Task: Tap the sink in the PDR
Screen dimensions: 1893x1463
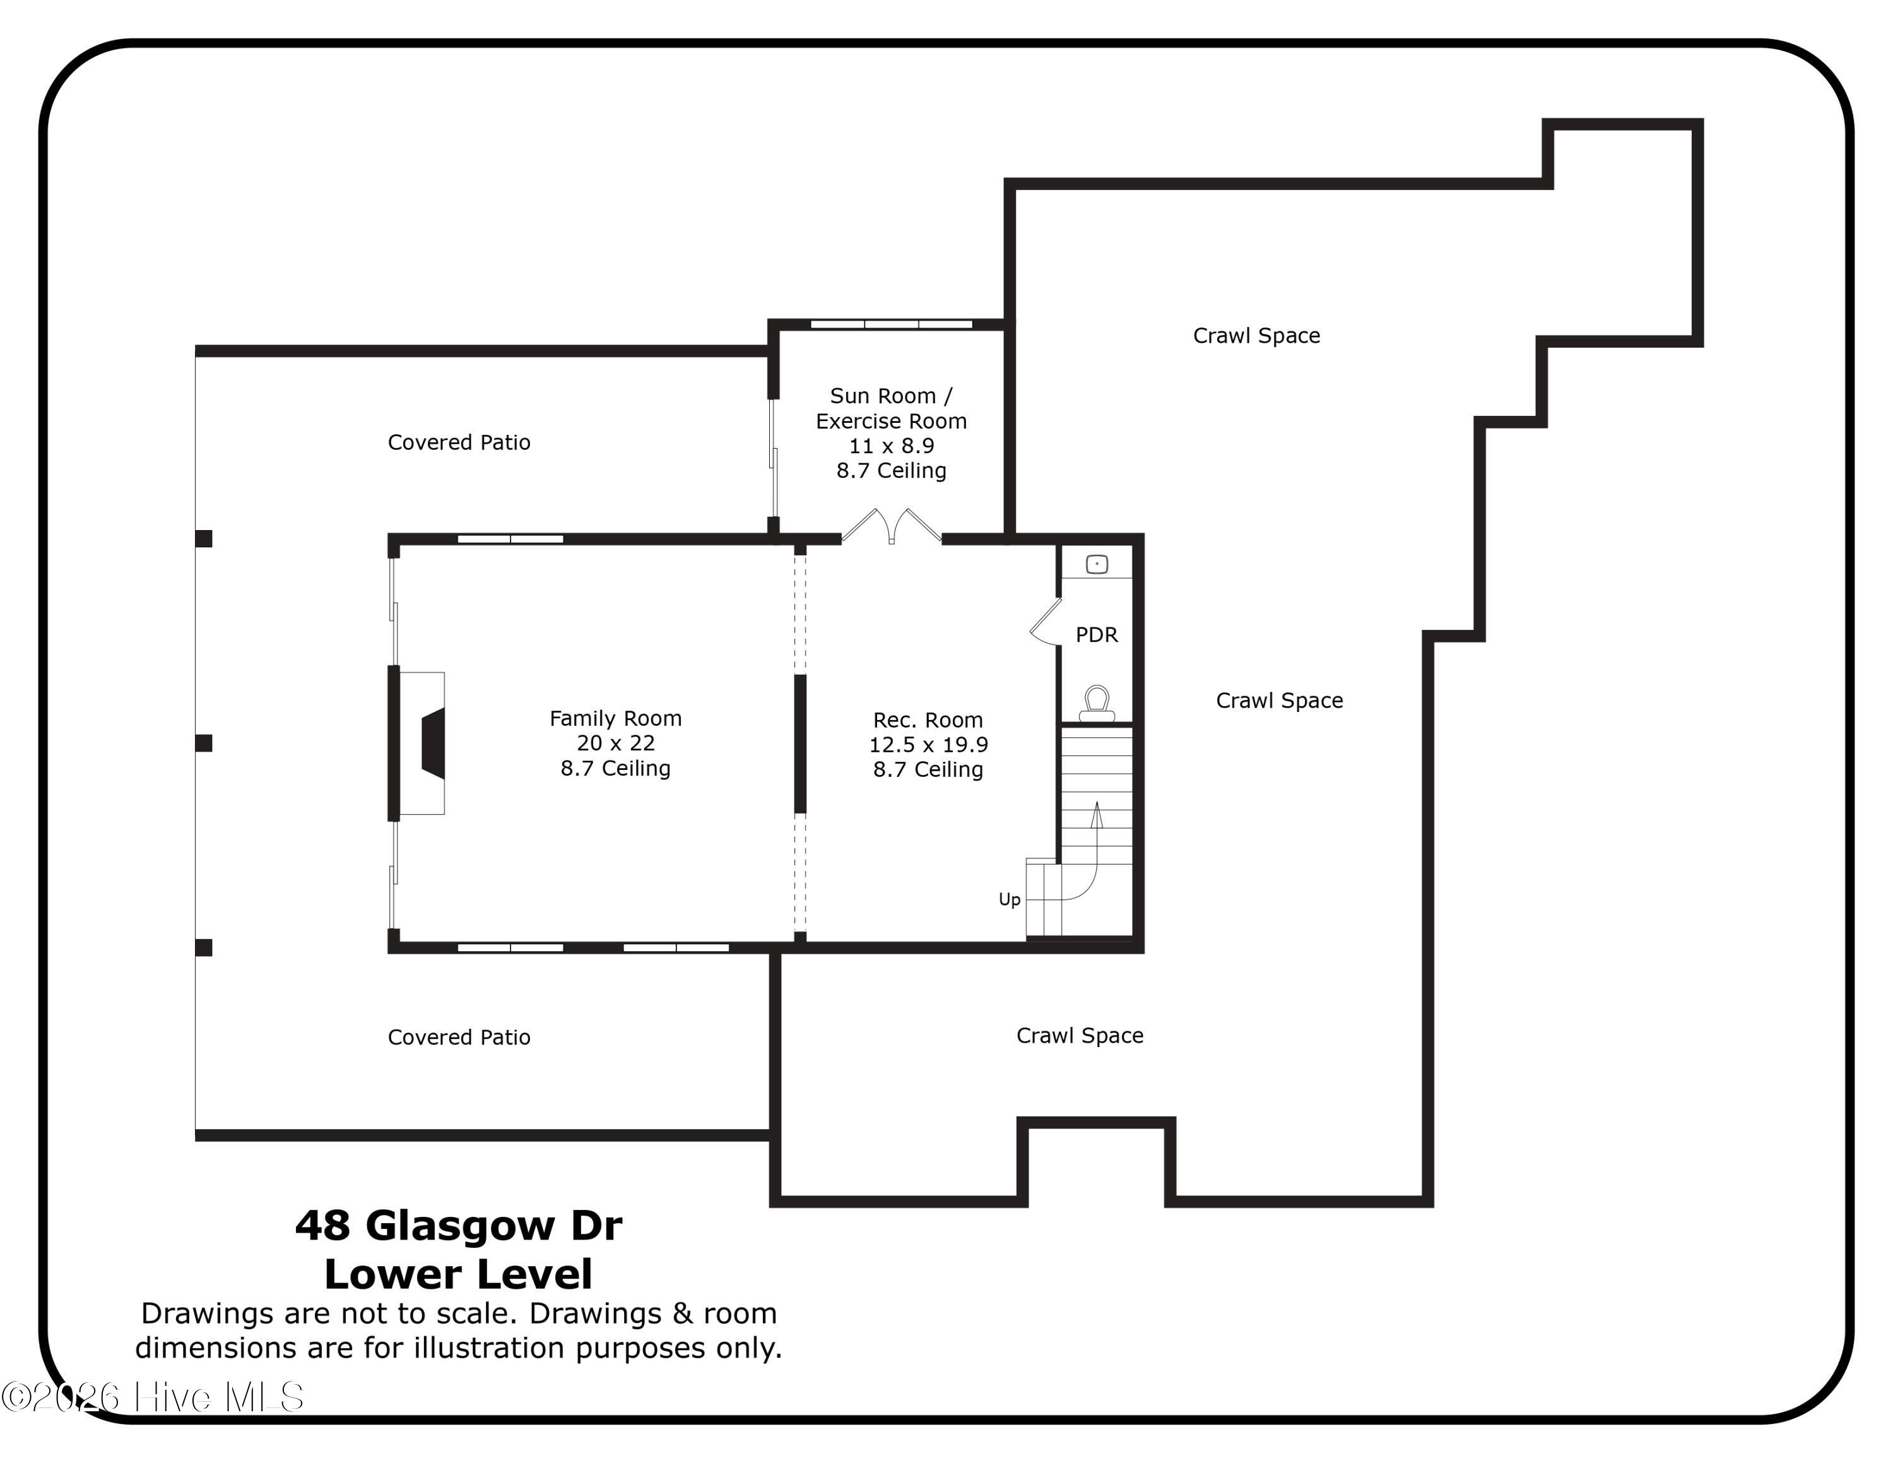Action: (1097, 564)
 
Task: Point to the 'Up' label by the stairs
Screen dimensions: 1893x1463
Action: (1010, 899)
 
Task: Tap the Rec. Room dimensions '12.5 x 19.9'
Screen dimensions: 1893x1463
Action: (928, 745)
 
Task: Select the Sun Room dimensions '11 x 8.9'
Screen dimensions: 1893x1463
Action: (891, 446)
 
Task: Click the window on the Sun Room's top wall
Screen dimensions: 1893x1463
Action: (891, 324)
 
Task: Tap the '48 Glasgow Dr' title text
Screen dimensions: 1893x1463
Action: (459, 1226)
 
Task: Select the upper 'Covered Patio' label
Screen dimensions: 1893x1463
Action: (459, 442)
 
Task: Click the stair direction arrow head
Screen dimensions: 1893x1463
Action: (1097, 813)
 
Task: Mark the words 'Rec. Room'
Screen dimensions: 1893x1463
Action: (928, 720)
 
